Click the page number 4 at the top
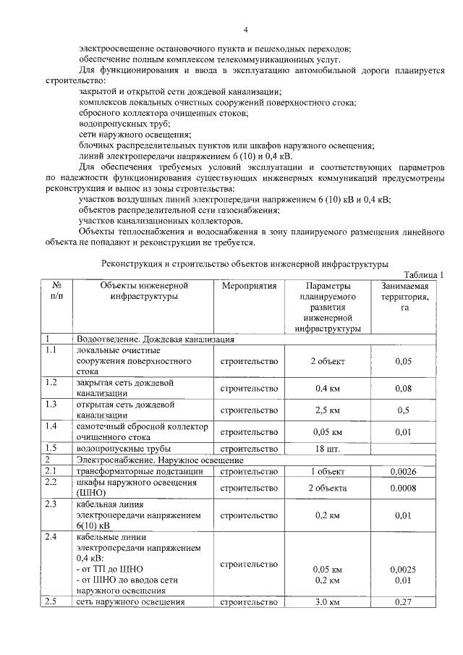pos(245,30)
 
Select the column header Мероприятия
pos(249,287)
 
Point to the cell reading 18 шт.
pos(327,449)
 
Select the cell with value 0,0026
pos(404,472)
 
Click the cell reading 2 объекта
pos(327,488)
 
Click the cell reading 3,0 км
pos(327,602)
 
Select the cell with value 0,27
pos(404,602)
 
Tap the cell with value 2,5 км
pos(327,410)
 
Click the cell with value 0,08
pos(404,388)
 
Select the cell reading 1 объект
pos(327,472)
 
